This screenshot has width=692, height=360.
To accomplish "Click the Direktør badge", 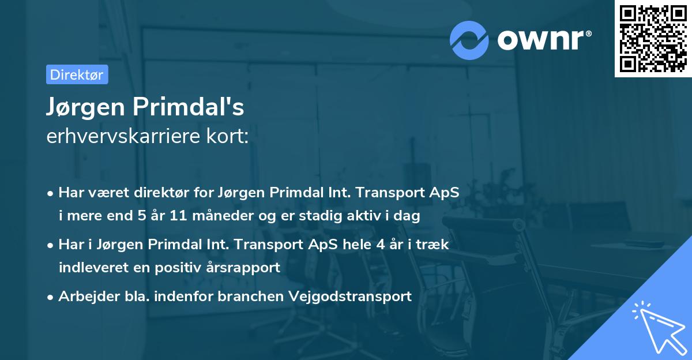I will point(77,74).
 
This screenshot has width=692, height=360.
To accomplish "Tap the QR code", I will point(653,39).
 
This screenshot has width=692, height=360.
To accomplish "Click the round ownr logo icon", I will point(469,40).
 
